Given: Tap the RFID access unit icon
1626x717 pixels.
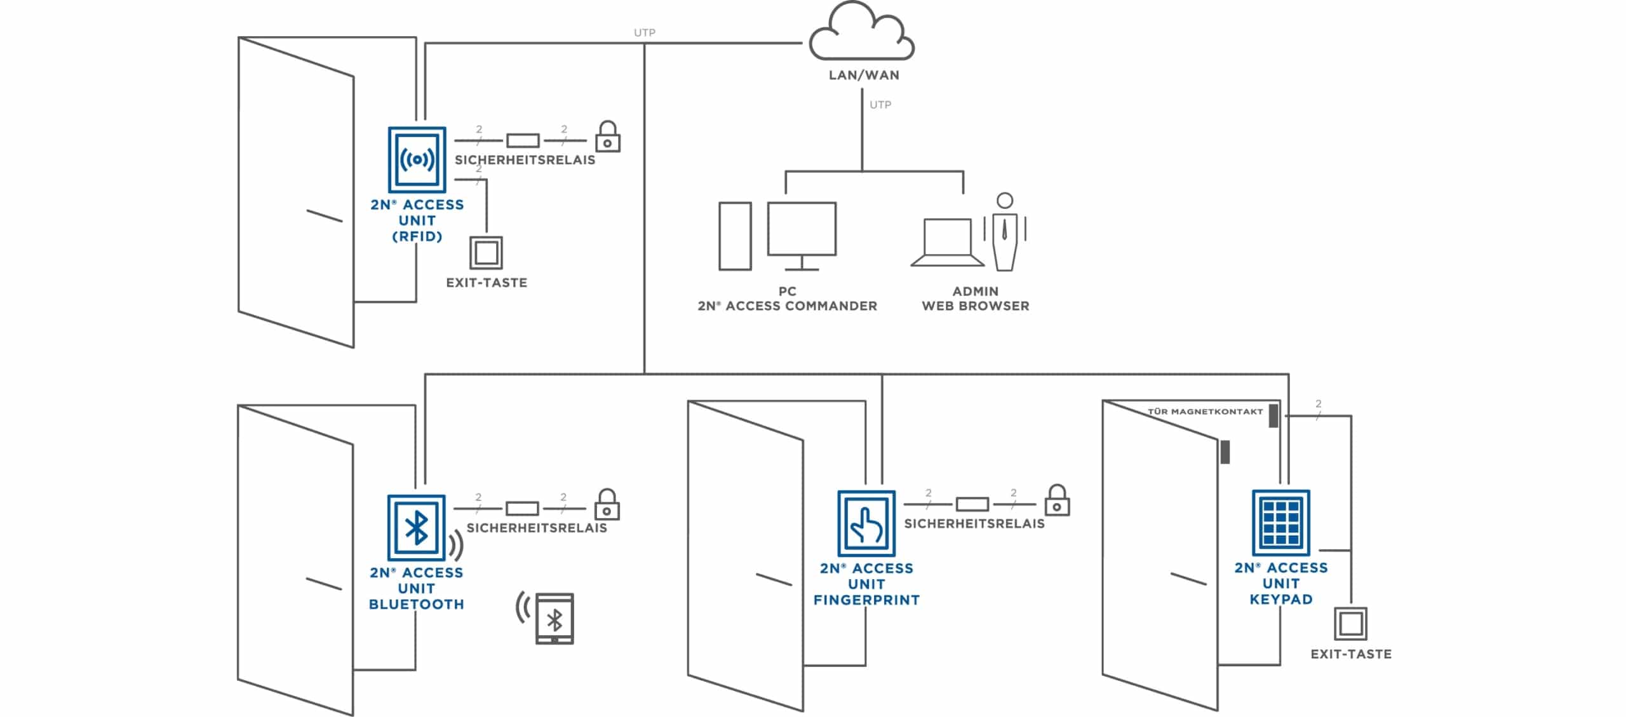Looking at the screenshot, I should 417,159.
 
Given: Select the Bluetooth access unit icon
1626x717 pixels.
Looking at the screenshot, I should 416,527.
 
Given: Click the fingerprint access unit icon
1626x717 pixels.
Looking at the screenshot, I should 866,523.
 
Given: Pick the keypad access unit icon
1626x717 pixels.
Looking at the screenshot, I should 1280,522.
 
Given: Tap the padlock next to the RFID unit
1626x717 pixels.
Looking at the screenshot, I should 607,137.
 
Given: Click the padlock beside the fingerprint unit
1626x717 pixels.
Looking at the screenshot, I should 1057,501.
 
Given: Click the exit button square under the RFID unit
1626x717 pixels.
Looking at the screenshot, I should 486,253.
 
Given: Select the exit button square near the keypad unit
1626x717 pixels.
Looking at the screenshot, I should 1350,624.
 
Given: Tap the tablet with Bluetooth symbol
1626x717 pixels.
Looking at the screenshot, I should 554,619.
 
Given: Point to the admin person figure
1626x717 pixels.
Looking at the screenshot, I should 1005,232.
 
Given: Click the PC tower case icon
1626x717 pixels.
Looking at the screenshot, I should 735,236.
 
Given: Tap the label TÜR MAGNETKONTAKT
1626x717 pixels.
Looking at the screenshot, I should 1205,412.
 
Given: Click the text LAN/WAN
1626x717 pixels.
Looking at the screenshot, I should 864,75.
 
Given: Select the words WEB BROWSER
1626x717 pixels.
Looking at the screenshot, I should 975,306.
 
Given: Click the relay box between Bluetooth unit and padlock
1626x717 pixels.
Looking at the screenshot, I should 522,508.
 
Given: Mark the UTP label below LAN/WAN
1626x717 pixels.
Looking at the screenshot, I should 880,105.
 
